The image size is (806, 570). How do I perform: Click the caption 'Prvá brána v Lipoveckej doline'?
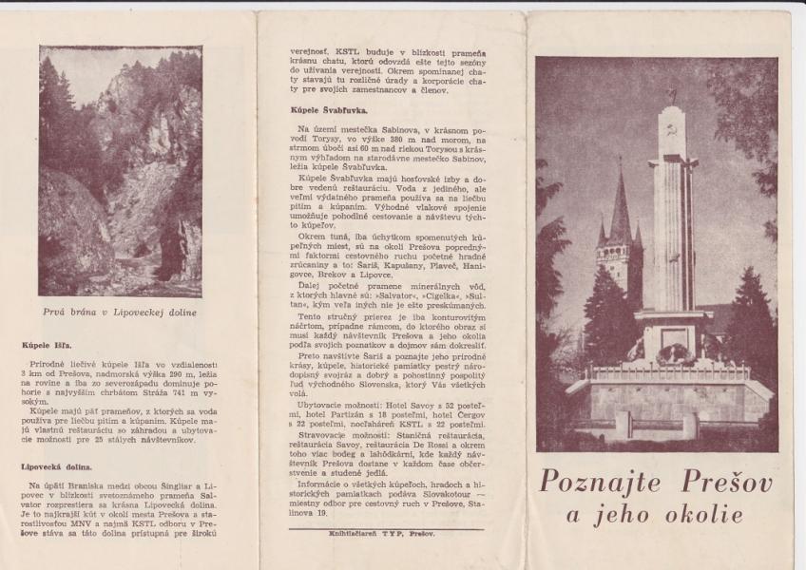(120, 312)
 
